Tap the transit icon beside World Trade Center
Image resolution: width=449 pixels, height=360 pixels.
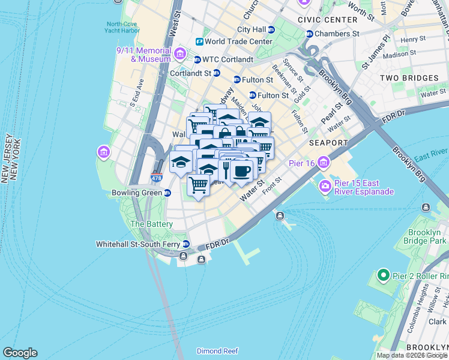point(199,41)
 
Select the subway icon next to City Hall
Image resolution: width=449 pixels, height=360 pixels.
point(271,29)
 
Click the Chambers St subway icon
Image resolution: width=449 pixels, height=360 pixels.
point(310,34)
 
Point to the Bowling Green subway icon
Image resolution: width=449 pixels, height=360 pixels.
point(167,193)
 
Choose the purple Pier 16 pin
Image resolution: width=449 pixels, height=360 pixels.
point(325,162)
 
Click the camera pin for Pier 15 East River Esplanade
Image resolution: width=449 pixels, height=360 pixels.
point(325,185)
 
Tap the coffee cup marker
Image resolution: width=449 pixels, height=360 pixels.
point(241,171)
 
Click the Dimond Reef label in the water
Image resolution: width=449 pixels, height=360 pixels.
point(217,351)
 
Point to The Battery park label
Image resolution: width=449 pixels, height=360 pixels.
point(152,224)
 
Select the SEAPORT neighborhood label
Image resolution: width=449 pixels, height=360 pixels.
point(328,143)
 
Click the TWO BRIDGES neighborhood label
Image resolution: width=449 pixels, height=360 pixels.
point(409,78)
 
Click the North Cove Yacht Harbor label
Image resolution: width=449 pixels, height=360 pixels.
point(121,28)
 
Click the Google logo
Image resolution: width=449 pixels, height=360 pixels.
point(20,353)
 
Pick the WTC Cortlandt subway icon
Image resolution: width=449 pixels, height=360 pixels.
point(197,59)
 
